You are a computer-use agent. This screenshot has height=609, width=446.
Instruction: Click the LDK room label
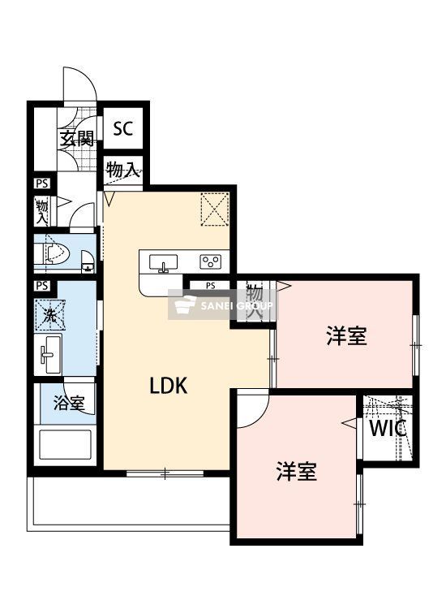coord(169,386)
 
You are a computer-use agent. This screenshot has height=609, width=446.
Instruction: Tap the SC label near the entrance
coord(123,128)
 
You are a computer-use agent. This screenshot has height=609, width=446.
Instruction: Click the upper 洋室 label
coord(347,335)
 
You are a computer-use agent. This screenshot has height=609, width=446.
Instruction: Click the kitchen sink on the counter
coord(165,261)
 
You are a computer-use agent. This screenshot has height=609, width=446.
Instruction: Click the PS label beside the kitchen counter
coord(210,285)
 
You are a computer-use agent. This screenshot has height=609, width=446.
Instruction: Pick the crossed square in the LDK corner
coord(215,209)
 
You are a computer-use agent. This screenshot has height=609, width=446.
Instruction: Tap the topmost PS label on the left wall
coord(41,184)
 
